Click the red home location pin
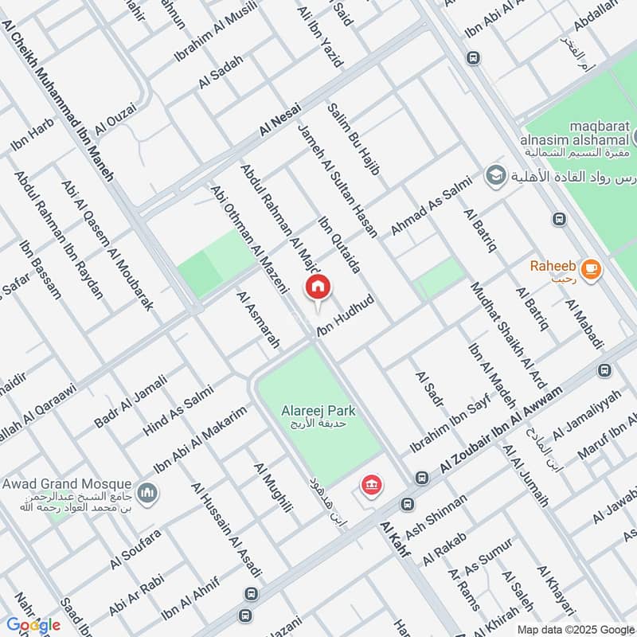click(x=318, y=287)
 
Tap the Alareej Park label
click(x=318, y=411)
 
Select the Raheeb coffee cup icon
click(x=590, y=270)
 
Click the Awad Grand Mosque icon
click(x=146, y=494)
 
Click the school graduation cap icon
click(x=496, y=174)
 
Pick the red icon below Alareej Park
click(x=370, y=483)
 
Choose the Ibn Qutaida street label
click(x=340, y=244)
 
